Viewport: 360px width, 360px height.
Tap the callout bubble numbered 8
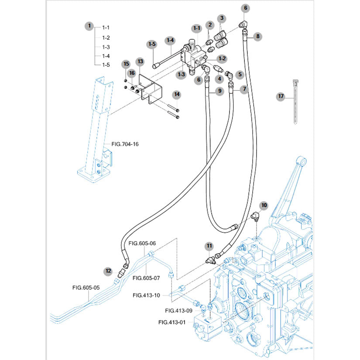[x=258, y=37]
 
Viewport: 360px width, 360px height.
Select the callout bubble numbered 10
[x=264, y=205]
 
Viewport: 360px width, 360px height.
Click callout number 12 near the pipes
[x=107, y=271]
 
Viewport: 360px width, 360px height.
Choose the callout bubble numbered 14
[x=176, y=94]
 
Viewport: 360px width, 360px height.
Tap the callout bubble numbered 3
[x=222, y=18]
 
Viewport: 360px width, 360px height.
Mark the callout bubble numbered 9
[x=220, y=91]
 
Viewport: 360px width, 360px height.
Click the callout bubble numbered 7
[x=244, y=89]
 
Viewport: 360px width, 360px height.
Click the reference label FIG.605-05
[x=86, y=288]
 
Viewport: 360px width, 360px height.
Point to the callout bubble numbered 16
[x=131, y=73]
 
